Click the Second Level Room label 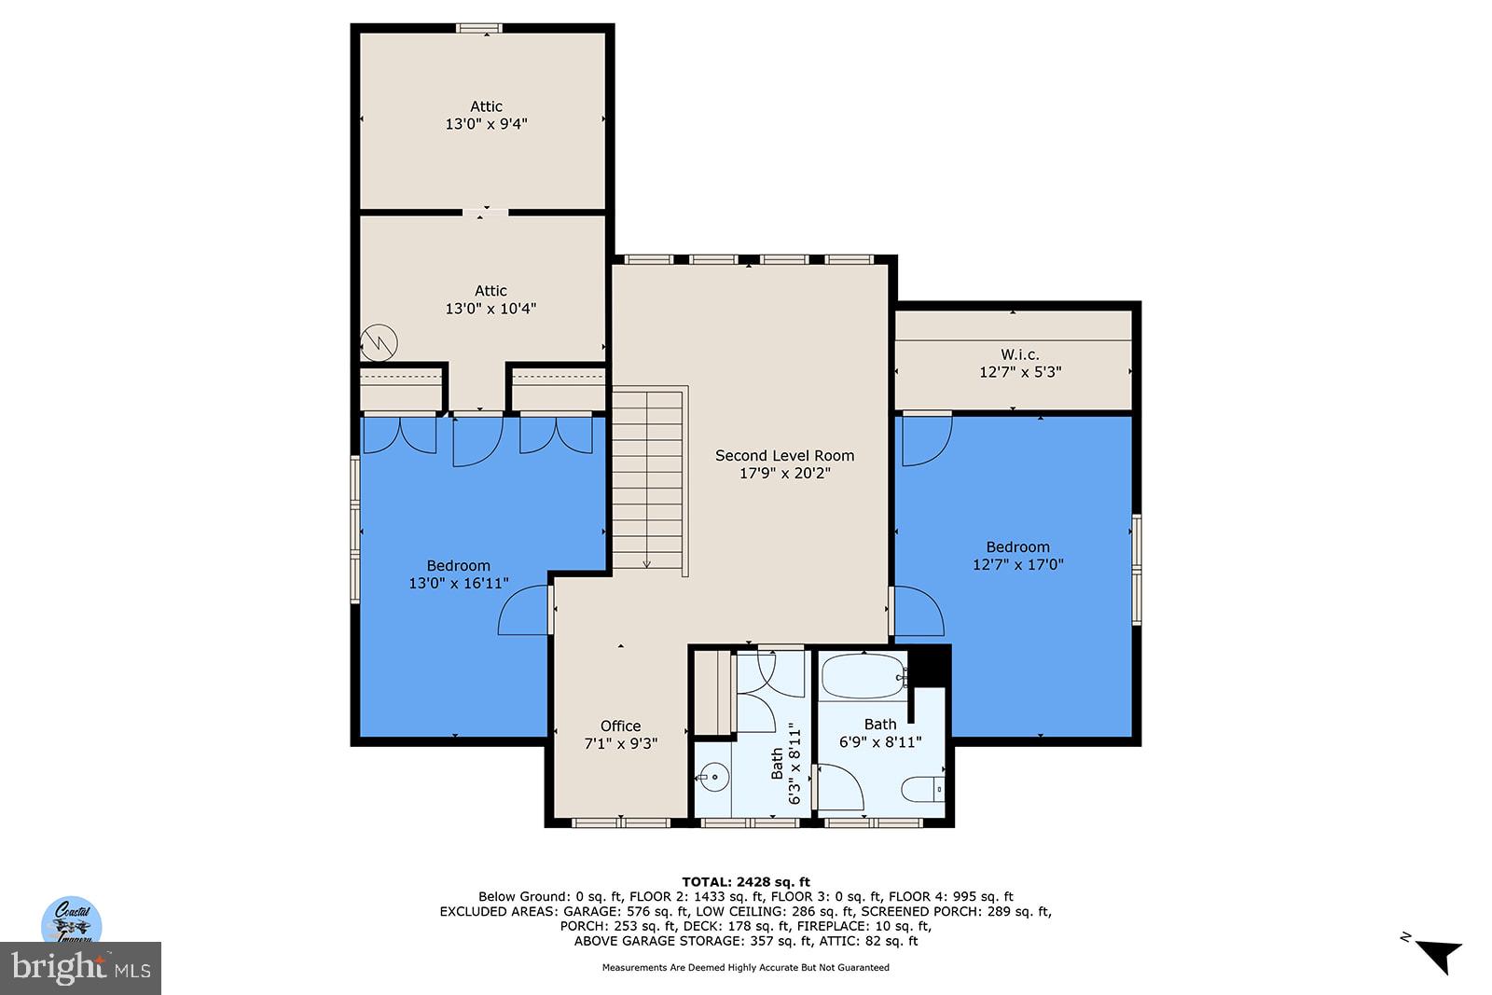[x=784, y=456]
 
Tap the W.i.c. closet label [x=1019, y=354]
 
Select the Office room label [x=620, y=726]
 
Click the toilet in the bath [x=923, y=789]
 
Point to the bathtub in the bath [x=863, y=676]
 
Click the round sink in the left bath [x=713, y=775]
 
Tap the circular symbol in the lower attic [x=379, y=342]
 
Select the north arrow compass [x=1436, y=953]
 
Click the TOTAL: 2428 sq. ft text [x=745, y=881]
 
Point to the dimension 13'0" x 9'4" [x=486, y=123]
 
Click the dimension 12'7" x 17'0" [x=1017, y=564]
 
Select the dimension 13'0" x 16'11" [x=458, y=583]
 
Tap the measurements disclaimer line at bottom [x=745, y=967]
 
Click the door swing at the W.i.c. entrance [x=926, y=438]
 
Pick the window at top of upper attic [x=479, y=28]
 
